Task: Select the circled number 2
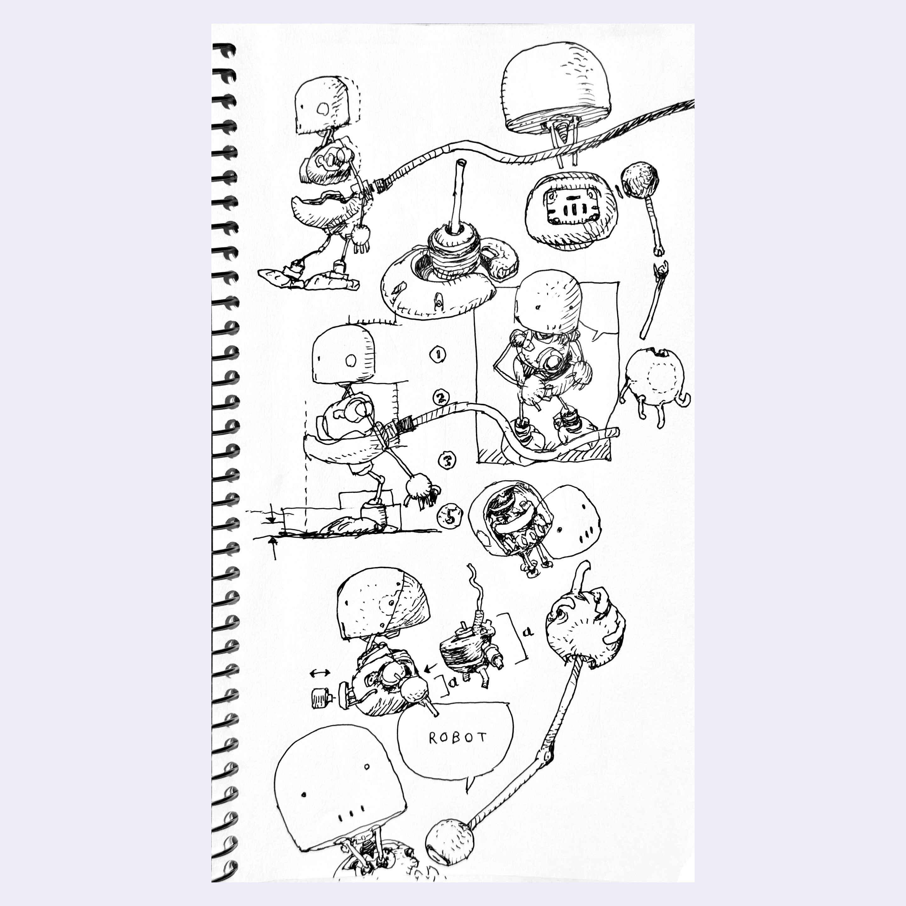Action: (441, 399)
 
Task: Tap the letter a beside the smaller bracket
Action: (453, 682)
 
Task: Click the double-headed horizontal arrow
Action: (320, 673)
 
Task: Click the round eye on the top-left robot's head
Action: (323, 109)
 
